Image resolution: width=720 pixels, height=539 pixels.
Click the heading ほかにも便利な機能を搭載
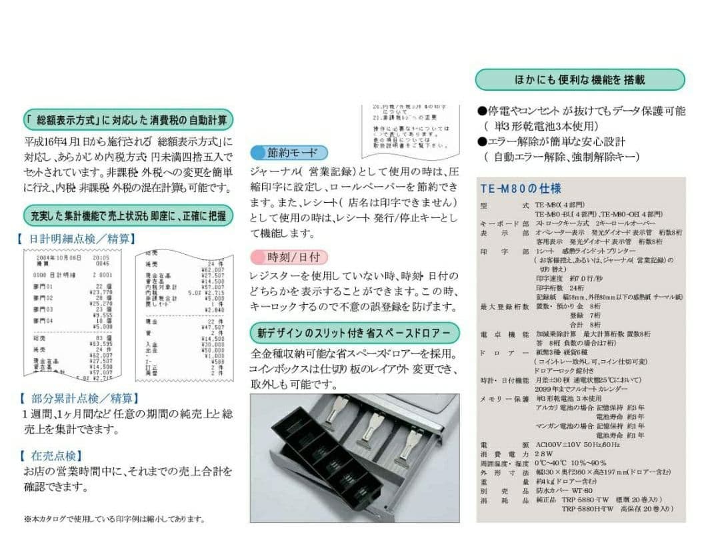pos(579,80)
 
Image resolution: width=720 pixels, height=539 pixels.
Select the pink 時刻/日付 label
pos(289,257)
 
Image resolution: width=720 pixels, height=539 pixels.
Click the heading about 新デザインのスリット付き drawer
pos(355,332)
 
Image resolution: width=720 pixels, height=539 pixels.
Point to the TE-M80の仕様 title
pos(521,189)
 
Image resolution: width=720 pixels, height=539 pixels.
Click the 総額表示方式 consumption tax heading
pos(128,121)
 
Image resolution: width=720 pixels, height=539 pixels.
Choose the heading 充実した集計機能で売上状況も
pos(128,215)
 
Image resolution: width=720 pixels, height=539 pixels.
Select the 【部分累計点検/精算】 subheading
pos(79,398)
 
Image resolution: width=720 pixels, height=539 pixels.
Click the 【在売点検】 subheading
pos(51,456)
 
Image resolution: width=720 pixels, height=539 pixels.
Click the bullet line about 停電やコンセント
pos(581,111)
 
